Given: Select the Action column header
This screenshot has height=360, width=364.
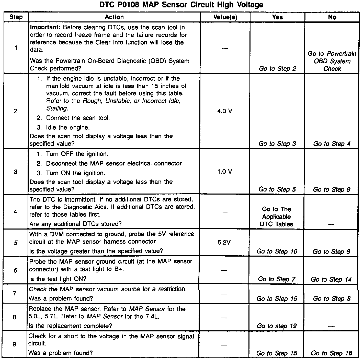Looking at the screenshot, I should coord(114,17).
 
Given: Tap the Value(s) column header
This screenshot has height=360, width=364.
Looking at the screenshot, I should coord(225,17).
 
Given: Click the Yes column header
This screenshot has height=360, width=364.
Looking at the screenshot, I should coord(277,17).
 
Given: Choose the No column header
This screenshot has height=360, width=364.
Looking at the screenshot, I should coord(332,17).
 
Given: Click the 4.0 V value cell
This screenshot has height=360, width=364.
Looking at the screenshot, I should coord(225,111).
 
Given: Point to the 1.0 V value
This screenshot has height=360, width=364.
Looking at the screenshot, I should coord(225,172).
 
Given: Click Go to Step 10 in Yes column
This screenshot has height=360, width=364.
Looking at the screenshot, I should coord(277,251).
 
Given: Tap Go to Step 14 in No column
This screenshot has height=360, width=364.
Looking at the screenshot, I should coord(331,279).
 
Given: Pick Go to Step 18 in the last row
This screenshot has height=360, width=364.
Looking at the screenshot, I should coord(331,353).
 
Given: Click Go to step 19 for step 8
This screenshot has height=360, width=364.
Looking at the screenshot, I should coord(277,326).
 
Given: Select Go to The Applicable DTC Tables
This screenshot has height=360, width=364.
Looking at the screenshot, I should coord(277,217).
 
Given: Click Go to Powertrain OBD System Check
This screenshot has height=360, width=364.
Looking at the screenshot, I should coord(332,61).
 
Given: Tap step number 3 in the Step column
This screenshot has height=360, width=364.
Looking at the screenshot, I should coord(16,172).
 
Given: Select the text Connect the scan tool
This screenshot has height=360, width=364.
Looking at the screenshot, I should coord(78,118).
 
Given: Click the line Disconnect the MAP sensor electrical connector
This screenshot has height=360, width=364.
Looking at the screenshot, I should coord(114,163).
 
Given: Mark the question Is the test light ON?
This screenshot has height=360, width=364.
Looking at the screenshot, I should coord(58,279).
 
